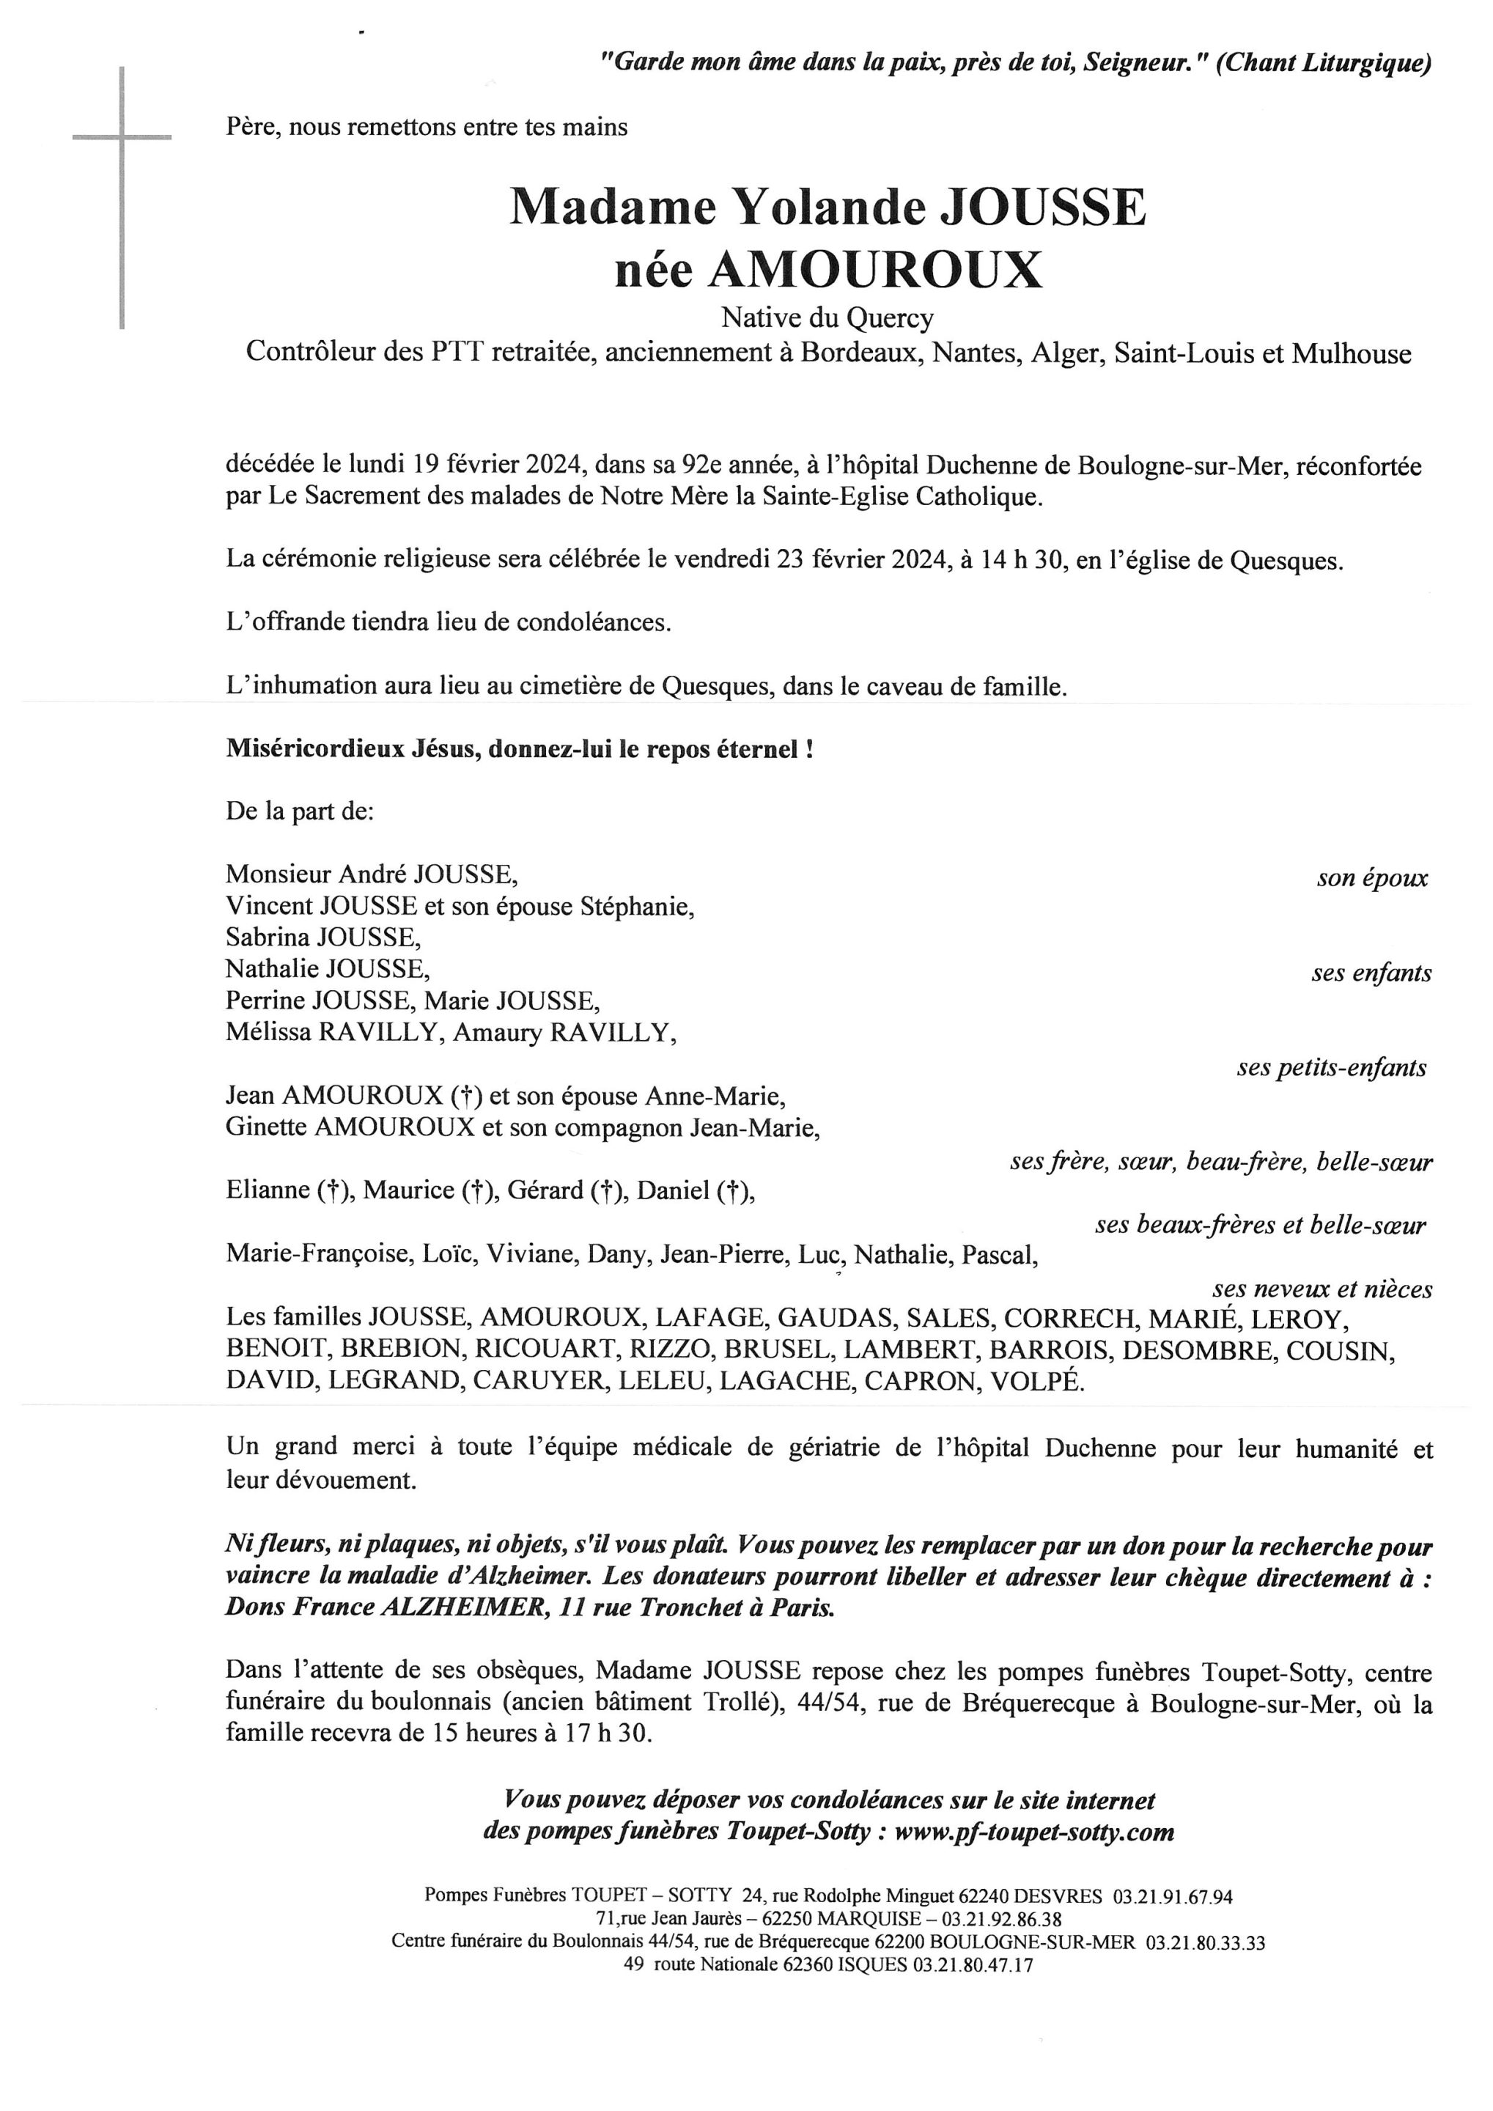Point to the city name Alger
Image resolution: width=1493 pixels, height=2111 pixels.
[1066, 354]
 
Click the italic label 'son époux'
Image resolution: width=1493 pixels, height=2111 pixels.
[1371, 877]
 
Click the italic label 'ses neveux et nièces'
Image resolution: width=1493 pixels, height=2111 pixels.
[1322, 1289]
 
